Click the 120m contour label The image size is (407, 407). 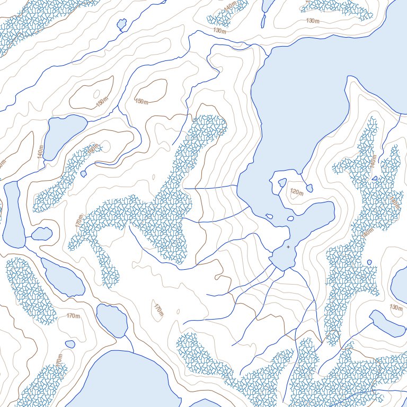click(x=297, y=192)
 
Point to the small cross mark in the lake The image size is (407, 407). click(x=288, y=246)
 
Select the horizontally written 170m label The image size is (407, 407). click(x=73, y=316)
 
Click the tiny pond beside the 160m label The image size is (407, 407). click(x=84, y=174)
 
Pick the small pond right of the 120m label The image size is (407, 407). click(x=309, y=188)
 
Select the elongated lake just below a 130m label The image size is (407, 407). click(x=386, y=323)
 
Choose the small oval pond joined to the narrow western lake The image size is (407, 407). click(x=41, y=233)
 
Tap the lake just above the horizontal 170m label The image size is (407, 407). click(x=62, y=278)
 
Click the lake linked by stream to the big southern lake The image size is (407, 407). click(x=112, y=320)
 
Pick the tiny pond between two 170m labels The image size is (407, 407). click(x=70, y=344)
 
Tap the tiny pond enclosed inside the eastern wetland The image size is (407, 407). click(x=374, y=178)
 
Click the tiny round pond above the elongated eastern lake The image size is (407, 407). click(x=369, y=262)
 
